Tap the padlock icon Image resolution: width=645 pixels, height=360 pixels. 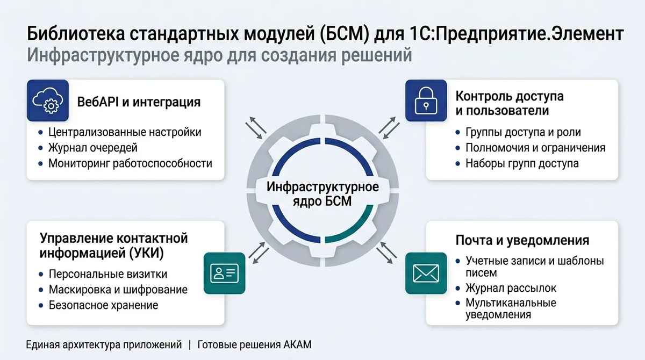(426, 100)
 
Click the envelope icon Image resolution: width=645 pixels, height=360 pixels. (426, 274)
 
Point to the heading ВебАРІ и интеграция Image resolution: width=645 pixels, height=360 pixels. (139, 102)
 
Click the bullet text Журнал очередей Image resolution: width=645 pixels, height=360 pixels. (93, 148)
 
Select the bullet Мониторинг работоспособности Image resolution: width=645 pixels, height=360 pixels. (130, 163)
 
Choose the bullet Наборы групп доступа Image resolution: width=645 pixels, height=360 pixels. (522, 163)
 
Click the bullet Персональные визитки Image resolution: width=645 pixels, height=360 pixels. (108, 274)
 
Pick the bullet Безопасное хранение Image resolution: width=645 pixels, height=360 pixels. (103, 305)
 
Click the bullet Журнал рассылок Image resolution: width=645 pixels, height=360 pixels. (511, 288)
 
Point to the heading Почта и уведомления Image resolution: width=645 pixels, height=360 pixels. (522, 240)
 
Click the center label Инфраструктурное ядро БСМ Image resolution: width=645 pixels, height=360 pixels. (322, 195)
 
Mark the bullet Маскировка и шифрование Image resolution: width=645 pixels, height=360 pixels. (118, 290)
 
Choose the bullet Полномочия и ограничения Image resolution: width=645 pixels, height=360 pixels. (535, 148)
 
